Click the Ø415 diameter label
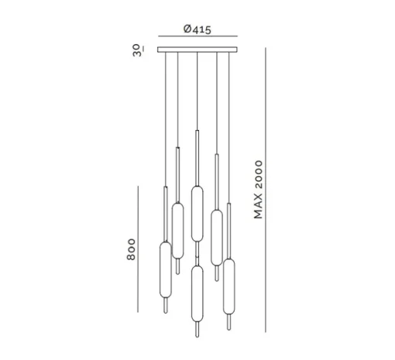point(197,29)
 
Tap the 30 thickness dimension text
point(138,50)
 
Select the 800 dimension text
point(131,249)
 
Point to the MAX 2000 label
point(258,190)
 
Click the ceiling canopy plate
point(197,50)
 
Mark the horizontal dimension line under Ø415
point(197,36)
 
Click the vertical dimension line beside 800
point(138,249)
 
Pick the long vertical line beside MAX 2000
point(266,190)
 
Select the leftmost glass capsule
point(166,269)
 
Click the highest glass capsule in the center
point(197,214)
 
